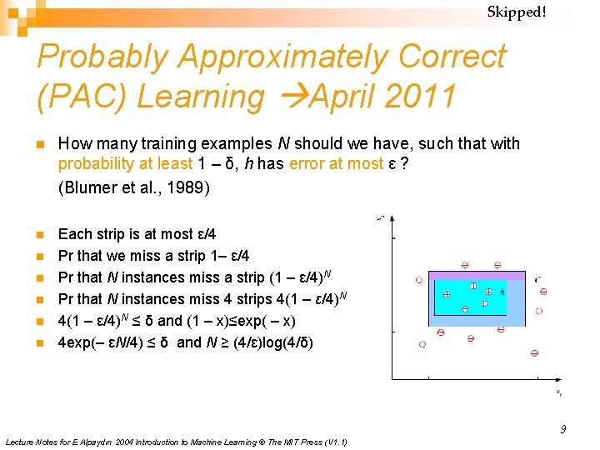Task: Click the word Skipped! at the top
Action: click(x=516, y=12)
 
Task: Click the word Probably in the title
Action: click(x=103, y=57)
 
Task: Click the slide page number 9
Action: click(x=562, y=429)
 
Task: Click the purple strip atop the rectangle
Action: click(x=476, y=275)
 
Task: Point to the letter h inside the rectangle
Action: click(x=502, y=292)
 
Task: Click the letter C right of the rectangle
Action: click(x=537, y=279)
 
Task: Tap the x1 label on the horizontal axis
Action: click(x=559, y=391)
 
